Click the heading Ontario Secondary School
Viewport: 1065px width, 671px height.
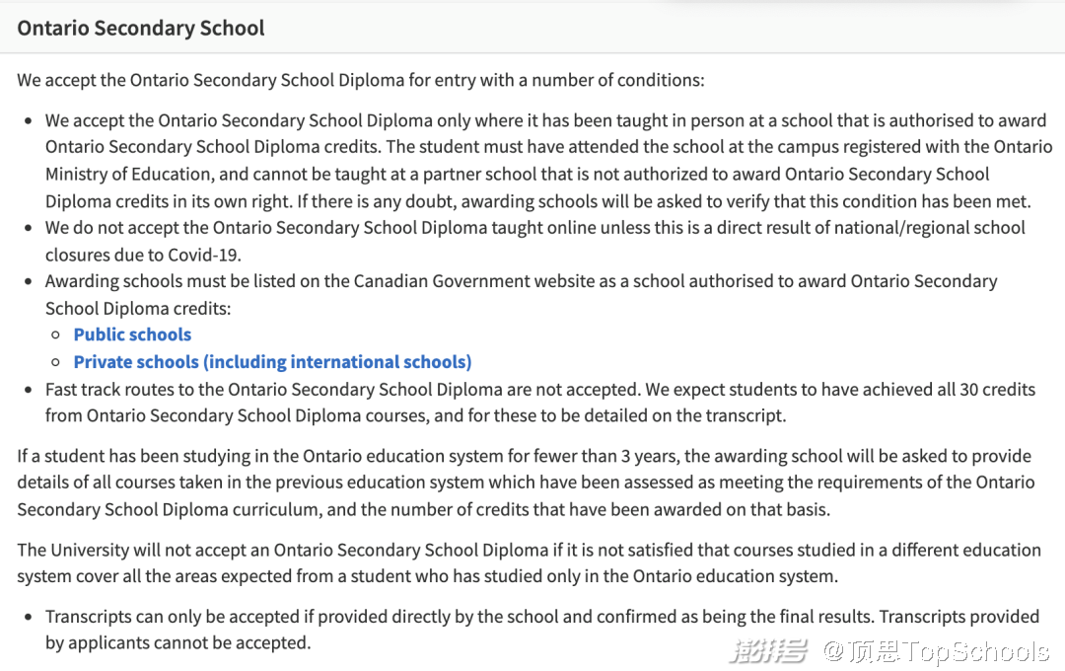tap(141, 28)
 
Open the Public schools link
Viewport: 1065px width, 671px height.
tap(132, 335)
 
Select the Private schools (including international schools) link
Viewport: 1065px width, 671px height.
tap(272, 361)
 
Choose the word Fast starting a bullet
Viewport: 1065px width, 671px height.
tap(62, 389)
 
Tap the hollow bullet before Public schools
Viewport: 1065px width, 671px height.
tap(56, 335)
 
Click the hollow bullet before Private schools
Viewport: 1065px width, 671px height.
tap(56, 362)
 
